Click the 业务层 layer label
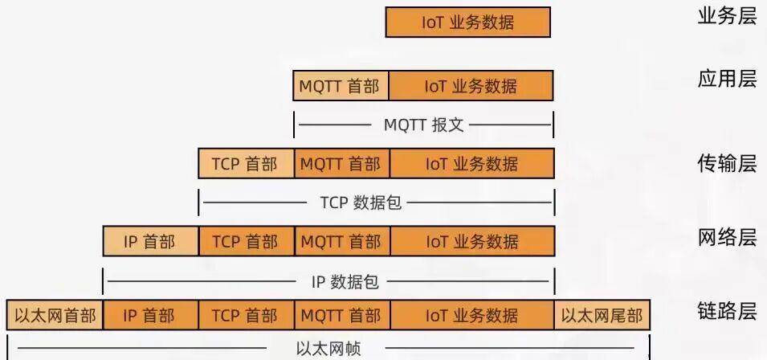coord(727,15)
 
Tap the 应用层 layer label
coord(727,79)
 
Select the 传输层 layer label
coord(727,164)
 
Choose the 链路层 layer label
coord(727,312)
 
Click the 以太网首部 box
coord(55,315)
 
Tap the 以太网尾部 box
coord(602,315)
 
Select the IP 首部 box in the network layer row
coord(150,241)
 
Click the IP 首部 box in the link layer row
coord(150,315)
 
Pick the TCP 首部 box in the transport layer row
coord(246,164)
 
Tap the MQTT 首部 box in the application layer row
coord(341,86)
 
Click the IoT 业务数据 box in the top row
coord(467,22)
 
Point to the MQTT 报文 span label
coord(423,125)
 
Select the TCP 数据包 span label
coord(361,202)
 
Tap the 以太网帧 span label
coord(328,349)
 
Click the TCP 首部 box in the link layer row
coord(246,315)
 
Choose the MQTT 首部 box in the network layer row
coord(341,241)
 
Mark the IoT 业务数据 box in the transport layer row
coord(472,164)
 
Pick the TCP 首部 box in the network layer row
coord(246,241)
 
